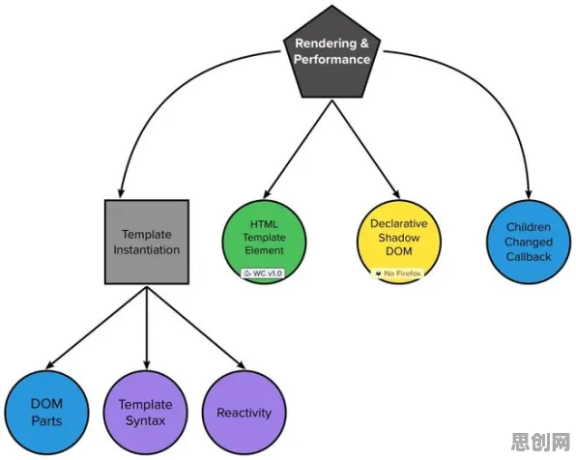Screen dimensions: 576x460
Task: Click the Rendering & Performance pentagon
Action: coord(332,55)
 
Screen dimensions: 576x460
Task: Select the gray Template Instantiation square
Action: coord(147,243)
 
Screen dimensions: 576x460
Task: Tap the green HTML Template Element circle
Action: coord(264,242)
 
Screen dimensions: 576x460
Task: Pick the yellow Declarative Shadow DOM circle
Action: coord(399,242)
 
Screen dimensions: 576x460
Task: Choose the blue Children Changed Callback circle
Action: coord(529,242)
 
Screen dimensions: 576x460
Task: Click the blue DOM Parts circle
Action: coord(46,413)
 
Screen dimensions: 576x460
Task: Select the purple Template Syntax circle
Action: coord(145,413)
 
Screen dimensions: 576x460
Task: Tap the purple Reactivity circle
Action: coord(244,413)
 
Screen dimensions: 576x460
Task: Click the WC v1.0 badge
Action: coord(263,273)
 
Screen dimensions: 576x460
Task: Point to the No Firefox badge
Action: coord(399,273)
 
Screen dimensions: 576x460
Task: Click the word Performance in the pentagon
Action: coord(332,59)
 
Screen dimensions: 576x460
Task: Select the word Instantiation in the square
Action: coord(147,250)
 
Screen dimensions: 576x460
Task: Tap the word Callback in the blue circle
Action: coord(529,256)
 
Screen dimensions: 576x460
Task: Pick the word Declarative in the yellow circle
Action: coord(399,223)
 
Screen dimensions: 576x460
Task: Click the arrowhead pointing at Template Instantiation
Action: coord(121,192)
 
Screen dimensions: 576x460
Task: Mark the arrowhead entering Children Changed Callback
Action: coord(529,193)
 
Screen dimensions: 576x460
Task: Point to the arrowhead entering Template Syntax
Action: coord(147,363)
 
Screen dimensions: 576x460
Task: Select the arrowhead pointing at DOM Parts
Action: coord(50,364)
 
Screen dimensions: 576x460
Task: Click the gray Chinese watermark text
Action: coord(540,442)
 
